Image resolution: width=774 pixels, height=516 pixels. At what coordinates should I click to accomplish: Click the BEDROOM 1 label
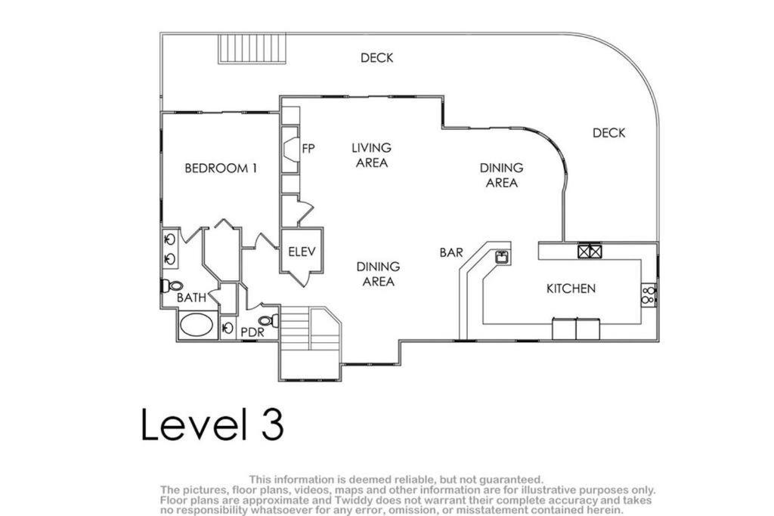coord(221,168)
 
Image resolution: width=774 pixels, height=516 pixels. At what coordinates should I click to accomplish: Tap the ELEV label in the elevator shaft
coord(302,252)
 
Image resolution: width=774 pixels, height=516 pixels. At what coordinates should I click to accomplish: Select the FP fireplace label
coord(308,148)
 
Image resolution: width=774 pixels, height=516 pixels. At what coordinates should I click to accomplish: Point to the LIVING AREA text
coord(372,155)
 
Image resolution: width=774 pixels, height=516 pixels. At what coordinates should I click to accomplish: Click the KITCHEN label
coord(571,289)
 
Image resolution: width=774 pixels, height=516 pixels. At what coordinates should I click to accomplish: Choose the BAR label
coord(451,252)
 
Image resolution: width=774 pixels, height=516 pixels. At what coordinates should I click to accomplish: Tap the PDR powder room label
coord(252,332)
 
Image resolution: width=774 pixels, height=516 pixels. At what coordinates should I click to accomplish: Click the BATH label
coord(191,298)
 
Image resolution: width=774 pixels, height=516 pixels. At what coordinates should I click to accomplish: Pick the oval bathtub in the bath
coord(197,325)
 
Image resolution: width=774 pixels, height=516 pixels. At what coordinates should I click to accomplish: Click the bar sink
coord(503,257)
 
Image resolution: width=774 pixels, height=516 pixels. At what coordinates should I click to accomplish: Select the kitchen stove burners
coord(649,295)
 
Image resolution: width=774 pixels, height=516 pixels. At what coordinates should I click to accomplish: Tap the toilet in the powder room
coord(268,321)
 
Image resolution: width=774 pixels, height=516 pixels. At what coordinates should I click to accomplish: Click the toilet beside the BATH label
coord(172,285)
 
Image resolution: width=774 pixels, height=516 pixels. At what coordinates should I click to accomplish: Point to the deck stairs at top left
coord(252,48)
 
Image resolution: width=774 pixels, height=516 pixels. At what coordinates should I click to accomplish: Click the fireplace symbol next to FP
coord(291,150)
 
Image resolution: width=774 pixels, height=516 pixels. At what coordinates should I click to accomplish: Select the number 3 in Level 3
coord(272,424)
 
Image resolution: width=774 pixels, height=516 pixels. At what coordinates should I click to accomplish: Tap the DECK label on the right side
coord(608,133)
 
